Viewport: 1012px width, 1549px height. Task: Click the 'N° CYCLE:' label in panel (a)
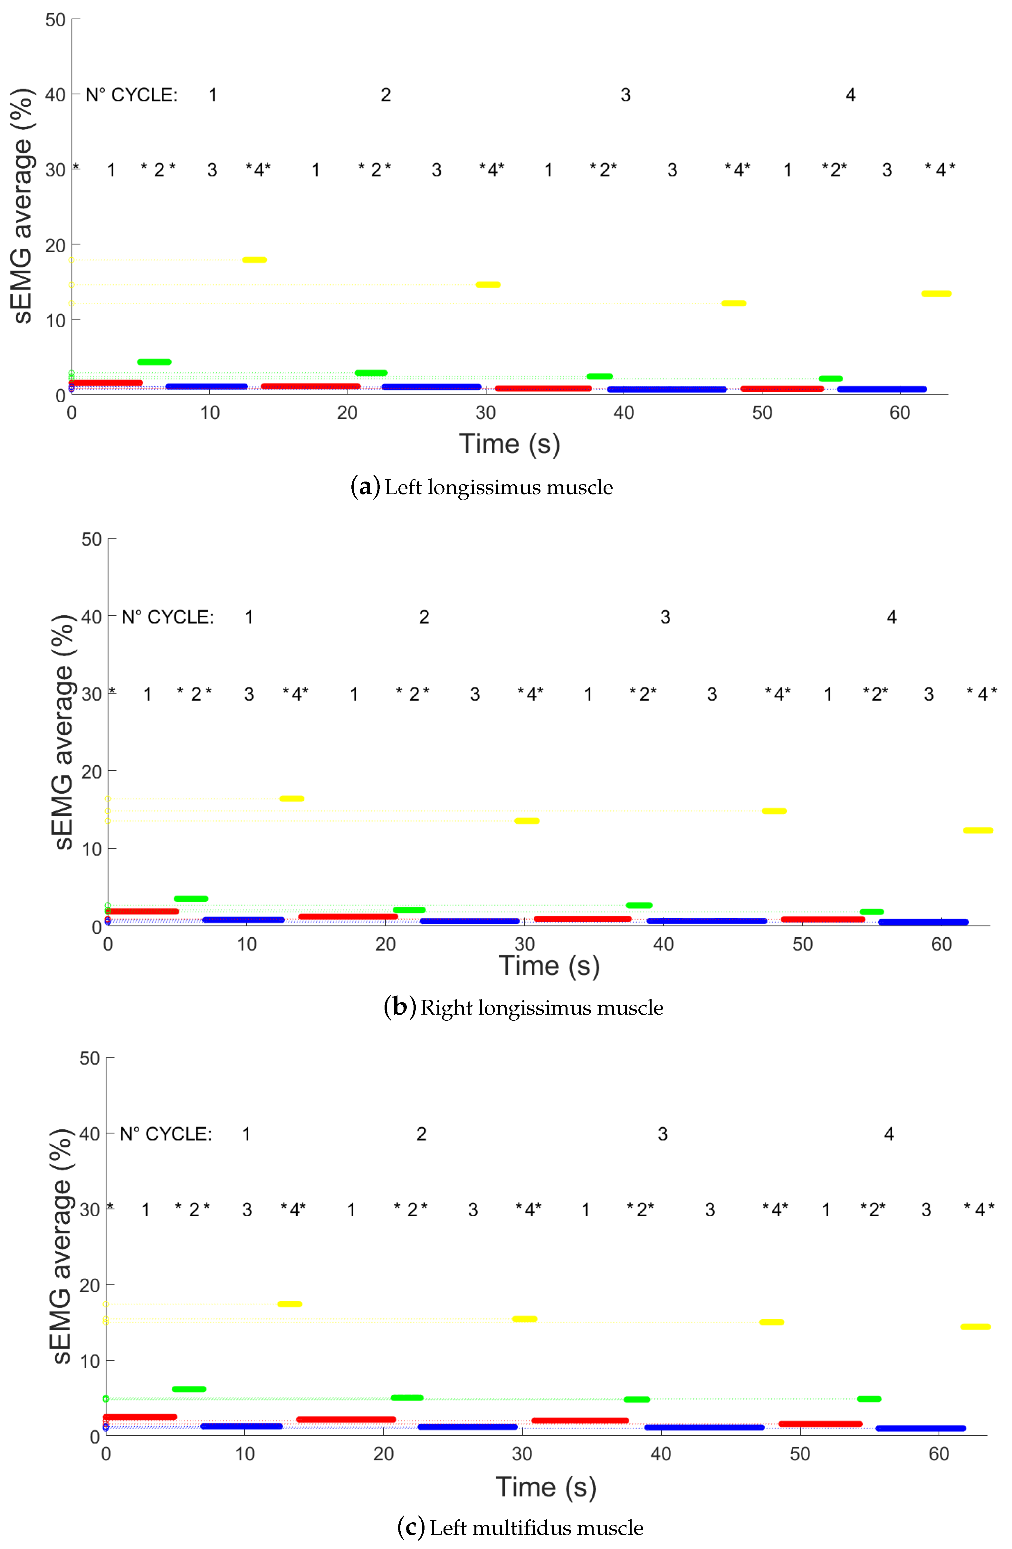coord(131,95)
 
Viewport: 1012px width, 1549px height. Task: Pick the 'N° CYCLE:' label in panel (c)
coord(166,1134)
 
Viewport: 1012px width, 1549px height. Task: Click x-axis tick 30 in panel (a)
coord(485,413)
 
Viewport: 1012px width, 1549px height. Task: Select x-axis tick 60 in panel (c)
coord(939,1454)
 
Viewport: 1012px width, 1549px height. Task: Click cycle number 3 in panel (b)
coord(665,617)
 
